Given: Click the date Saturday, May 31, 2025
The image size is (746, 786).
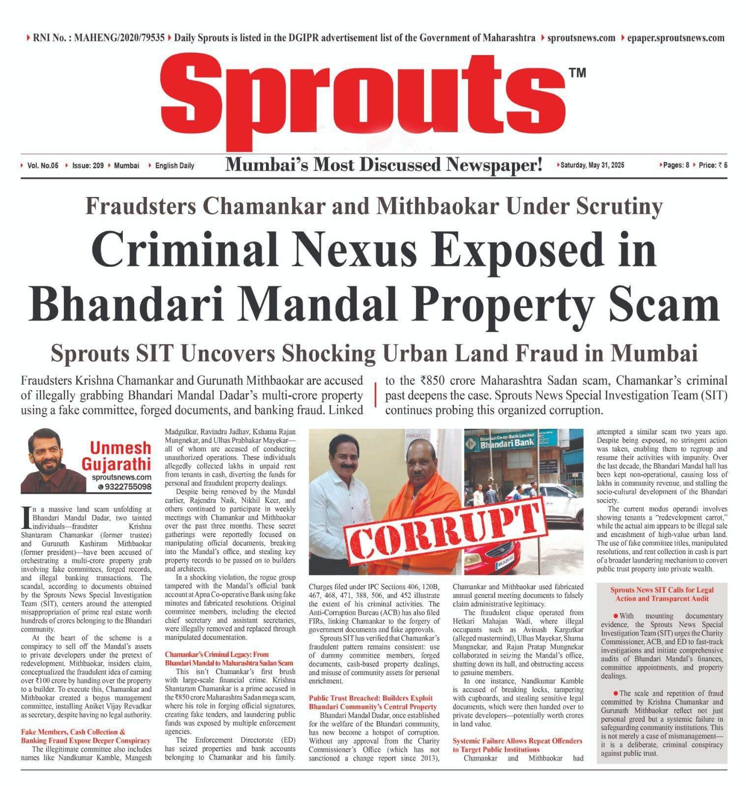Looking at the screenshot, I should click(592, 165).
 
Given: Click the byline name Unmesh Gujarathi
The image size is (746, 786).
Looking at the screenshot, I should click(120, 455).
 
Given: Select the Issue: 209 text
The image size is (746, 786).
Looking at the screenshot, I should click(88, 166).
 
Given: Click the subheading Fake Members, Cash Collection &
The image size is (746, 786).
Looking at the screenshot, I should click(73, 732).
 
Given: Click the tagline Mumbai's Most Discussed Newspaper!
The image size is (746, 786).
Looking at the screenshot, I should click(383, 165).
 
